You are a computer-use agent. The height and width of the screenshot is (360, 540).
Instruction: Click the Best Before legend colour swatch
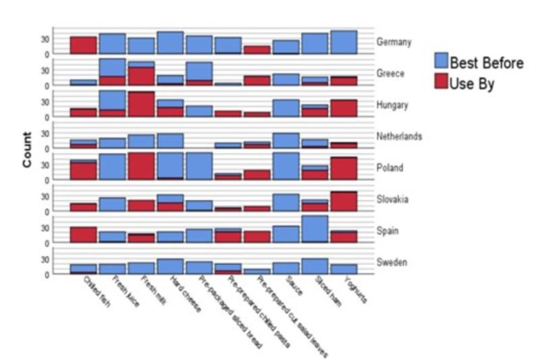pos(441,62)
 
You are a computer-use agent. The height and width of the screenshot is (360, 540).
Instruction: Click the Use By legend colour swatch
pos(441,84)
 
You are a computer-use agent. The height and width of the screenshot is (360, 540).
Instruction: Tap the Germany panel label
pos(394,43)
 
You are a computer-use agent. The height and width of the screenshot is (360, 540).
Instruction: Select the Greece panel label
pos(391,74)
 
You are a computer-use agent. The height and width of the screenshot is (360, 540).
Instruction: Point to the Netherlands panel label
pos(400,136)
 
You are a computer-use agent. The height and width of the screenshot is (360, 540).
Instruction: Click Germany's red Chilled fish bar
pos(83,45)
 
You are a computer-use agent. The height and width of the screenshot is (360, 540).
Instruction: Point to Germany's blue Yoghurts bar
pos(344,42)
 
